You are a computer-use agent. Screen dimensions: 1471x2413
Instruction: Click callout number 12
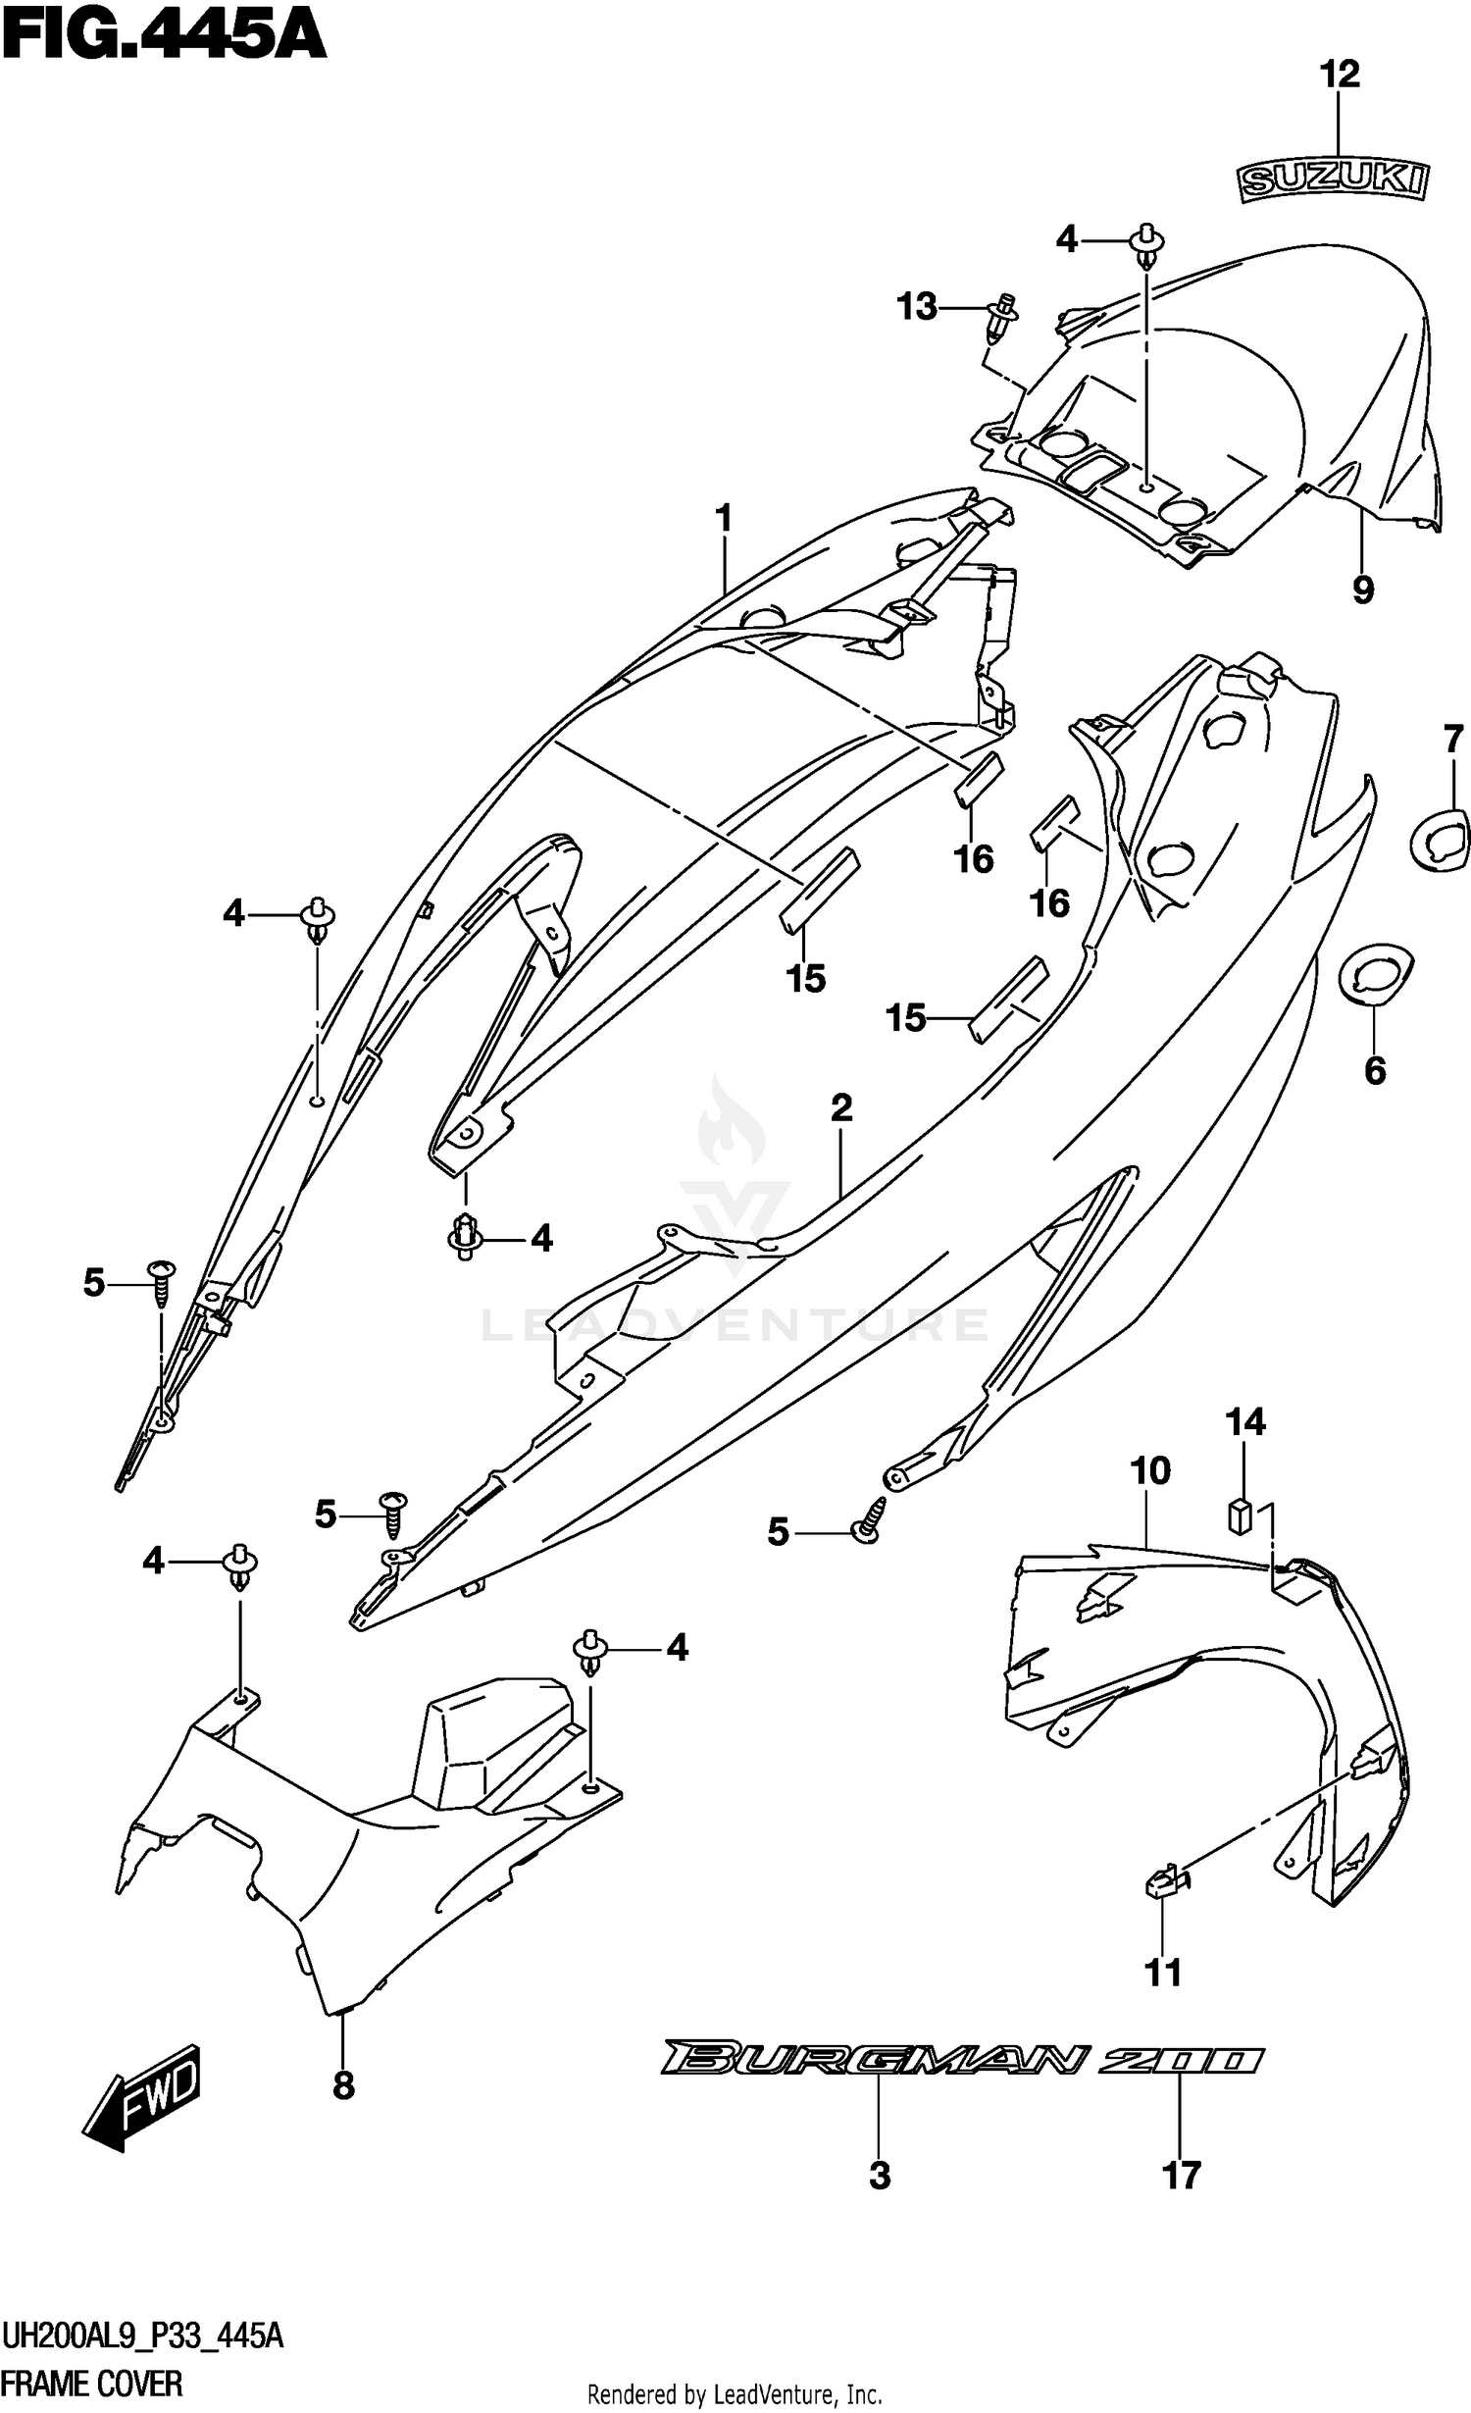click(x=1340, y=76)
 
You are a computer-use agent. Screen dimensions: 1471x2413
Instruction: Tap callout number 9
click(x=1363, y=590)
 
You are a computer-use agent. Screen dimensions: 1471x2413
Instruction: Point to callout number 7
click(x=1452, y=739)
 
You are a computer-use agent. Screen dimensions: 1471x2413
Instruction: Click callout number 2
click(x=841, y=1108)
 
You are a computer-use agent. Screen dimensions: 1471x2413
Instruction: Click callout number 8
click(x=343, y=2086)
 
